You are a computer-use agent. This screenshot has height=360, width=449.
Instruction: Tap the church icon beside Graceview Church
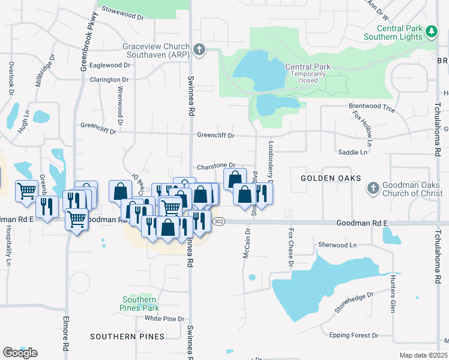[x=200, y=50]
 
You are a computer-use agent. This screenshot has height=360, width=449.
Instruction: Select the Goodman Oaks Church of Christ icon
[x=373, y=188]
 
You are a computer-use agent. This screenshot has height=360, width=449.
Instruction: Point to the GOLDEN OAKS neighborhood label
[x=331, y=178]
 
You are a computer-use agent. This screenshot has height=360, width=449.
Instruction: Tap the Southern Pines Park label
[x=139, y=304]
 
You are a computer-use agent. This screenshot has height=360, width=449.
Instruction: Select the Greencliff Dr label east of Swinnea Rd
[x=216, y=136]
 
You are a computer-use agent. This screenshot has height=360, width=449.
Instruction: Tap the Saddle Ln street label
[x=353, y=152]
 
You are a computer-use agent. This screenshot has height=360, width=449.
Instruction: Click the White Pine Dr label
[x=162, y=319]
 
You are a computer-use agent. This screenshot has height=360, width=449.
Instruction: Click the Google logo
[x=20, y=353]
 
